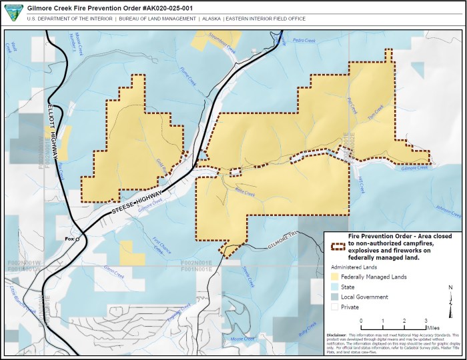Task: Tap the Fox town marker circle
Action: [x=77, y=239]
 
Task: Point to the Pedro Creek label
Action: [x=304, y=41]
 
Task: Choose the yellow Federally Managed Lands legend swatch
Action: [x=335, y=277]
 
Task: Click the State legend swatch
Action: [x=335, y=287]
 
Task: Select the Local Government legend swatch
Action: [x=335, y=297]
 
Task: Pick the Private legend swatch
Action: [x=335, y=307]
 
